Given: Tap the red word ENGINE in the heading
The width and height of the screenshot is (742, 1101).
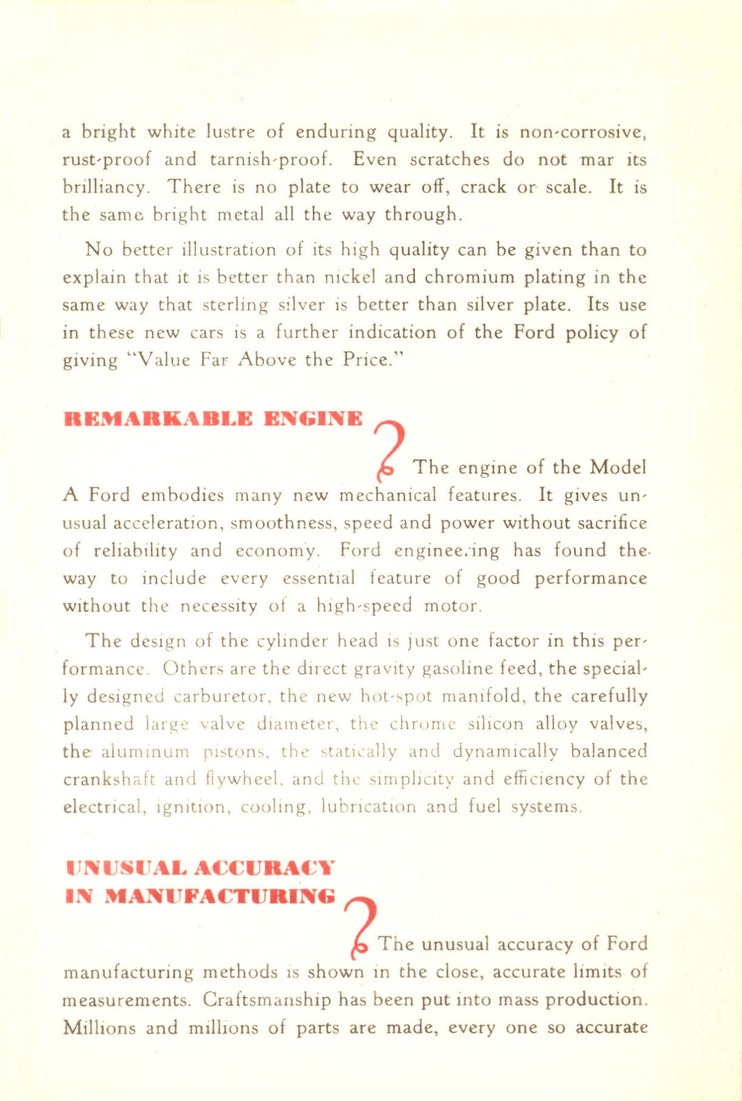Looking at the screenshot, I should point(313,420).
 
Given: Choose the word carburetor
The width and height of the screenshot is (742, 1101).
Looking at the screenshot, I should point(224,697).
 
